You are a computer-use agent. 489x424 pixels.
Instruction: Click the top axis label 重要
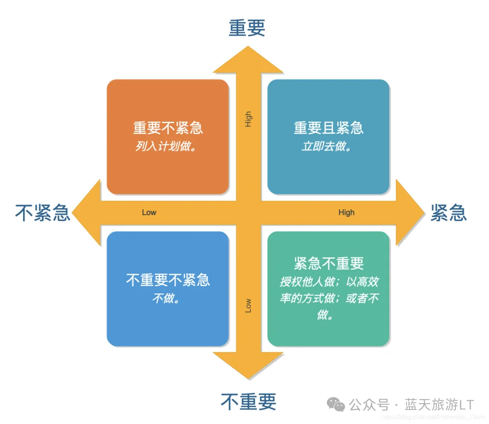[247, 28]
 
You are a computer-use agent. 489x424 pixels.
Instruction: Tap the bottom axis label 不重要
[249, 401]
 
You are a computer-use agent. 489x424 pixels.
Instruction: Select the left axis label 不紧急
[43, 212]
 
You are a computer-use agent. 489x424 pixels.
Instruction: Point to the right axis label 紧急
[448, 212]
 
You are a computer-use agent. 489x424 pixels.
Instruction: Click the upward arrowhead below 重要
[248, 61]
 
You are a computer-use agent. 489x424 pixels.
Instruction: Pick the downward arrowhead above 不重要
[248, 365]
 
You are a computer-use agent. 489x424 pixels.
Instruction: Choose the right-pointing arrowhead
[410, 212]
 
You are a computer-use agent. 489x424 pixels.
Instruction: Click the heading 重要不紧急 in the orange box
[168, 128]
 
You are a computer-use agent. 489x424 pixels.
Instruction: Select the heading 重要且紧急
[329, 128]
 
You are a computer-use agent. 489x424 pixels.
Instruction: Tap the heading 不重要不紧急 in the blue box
[168, 280]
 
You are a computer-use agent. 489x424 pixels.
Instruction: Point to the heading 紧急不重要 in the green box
[329, 263]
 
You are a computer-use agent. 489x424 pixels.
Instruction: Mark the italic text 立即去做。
[327, 147]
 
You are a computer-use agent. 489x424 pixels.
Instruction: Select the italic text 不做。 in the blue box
[166, 299]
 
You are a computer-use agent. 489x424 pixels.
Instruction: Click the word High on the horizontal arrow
[346, 212]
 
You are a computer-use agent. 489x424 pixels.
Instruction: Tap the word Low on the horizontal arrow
[149, 212]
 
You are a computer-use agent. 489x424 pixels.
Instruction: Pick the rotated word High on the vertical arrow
[248, 119]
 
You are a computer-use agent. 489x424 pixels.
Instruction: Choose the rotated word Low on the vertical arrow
[248, 305]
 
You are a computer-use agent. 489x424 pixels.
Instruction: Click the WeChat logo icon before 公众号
[336, 404]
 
